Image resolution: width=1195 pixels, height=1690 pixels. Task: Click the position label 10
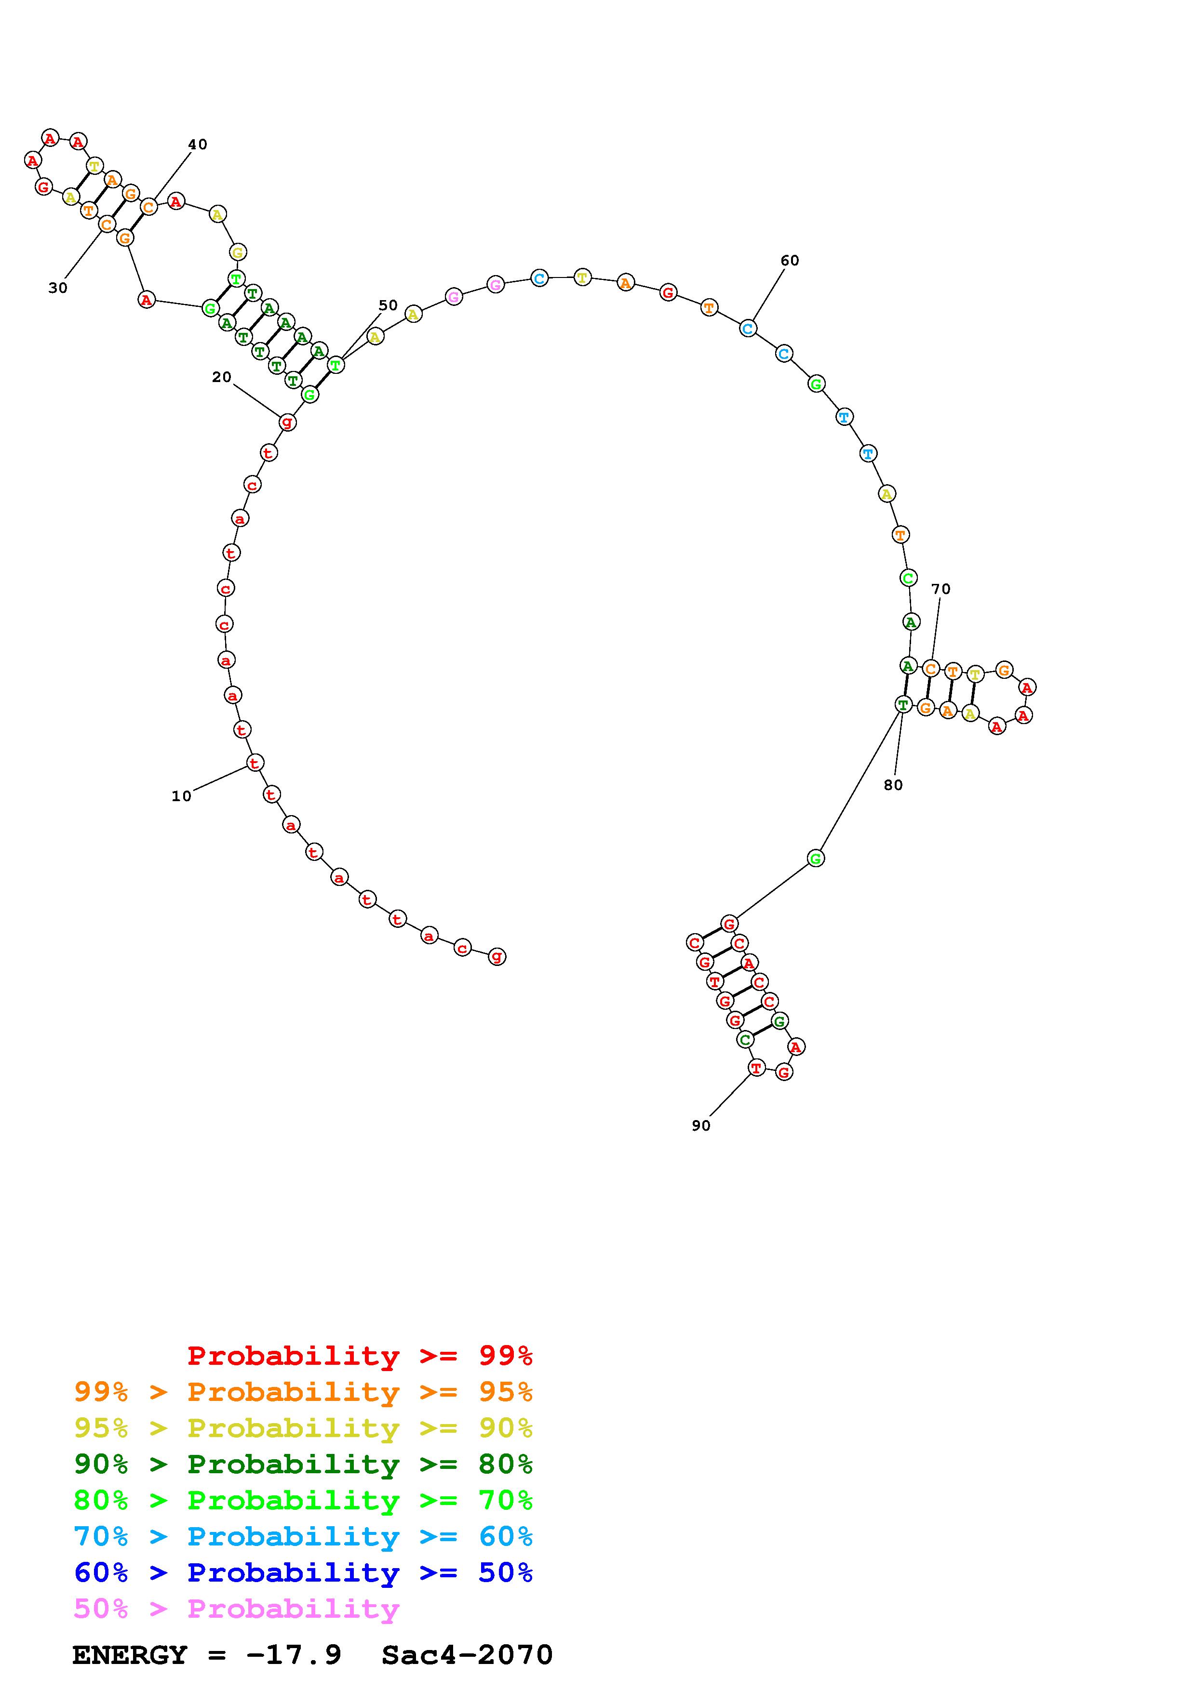(181, 796)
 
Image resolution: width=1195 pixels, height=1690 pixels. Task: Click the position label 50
(388, 305)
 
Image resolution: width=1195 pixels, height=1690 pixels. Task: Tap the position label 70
(941, 589)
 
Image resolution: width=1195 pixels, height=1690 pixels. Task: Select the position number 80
(893, 785)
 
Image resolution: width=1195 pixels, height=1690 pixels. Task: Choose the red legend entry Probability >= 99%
(360, 1356)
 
